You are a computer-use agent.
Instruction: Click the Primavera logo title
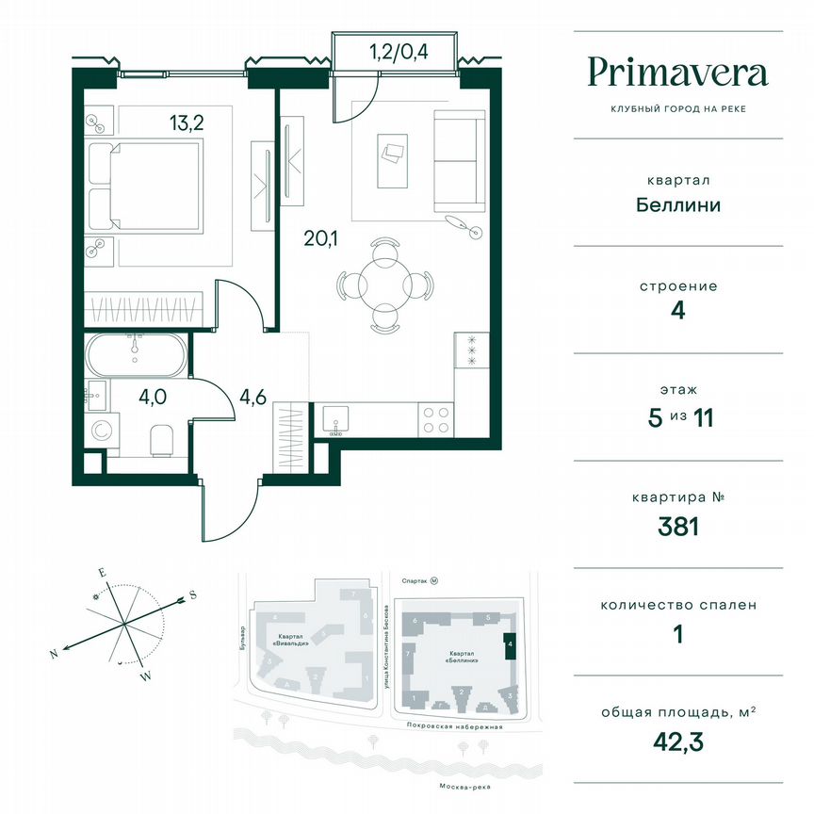677,73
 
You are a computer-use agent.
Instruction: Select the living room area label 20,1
320,238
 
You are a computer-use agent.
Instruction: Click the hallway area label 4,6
253,398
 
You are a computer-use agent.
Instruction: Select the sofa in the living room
456,161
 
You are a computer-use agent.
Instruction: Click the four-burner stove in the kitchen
434,419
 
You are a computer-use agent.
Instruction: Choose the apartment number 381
677,526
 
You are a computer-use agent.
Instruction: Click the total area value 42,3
677,741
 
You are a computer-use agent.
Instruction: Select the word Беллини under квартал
677,204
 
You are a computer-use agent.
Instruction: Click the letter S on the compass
193,594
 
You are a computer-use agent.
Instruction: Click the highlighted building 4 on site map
510,646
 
